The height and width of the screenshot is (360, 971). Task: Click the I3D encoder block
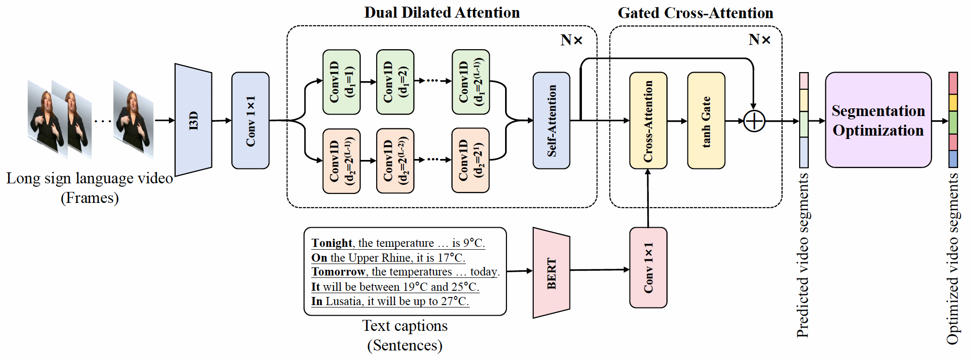(193, 120)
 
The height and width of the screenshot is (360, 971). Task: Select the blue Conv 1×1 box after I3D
(250, 120)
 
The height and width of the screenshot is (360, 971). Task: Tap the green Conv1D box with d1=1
(341, 82)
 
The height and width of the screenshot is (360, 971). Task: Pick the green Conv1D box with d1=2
(395, 82)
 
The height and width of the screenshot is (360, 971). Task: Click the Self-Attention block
(551, 120)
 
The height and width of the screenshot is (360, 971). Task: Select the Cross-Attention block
(648, 120)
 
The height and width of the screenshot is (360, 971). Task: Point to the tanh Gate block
(706, 120)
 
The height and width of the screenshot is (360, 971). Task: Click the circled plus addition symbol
(754, 121)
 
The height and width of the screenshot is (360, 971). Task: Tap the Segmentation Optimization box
(878, 120)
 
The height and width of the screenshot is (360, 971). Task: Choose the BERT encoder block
(551, 273)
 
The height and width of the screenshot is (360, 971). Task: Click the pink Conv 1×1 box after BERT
(648, 267)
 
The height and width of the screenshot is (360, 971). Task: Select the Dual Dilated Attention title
(442, 12)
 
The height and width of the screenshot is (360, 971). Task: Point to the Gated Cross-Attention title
(695, 13)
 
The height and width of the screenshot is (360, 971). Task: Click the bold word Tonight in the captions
(332, 243)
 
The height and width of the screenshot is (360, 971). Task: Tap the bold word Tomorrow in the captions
(338, 272)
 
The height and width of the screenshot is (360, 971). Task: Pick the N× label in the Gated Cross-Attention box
(759, 40)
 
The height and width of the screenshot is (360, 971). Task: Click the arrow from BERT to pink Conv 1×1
(600, 270)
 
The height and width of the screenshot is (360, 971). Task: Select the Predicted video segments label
(803, 255)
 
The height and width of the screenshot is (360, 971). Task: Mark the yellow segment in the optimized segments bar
(953, 102)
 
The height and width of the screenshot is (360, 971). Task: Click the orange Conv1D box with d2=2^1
(470, 160)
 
